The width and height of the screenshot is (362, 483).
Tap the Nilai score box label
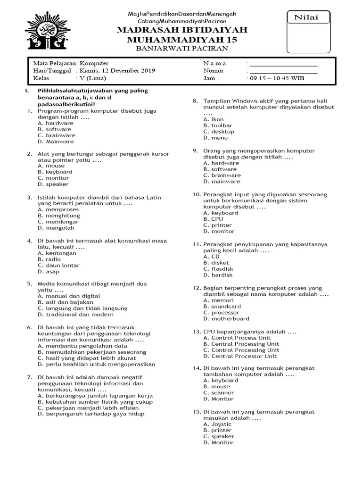306,17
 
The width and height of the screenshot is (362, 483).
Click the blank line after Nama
283,64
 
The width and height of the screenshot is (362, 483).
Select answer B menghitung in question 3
58,216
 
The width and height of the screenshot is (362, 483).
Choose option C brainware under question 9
222,175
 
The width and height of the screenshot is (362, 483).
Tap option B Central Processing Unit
241,344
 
